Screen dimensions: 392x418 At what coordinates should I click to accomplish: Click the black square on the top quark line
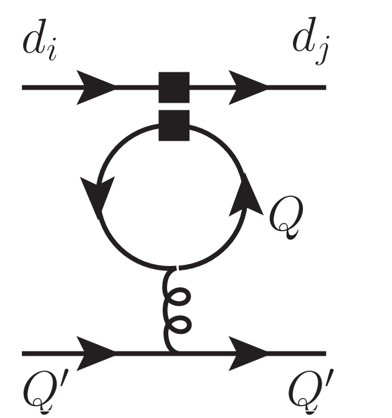[x=174, y=87]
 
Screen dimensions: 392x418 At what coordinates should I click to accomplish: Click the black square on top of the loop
[x=174, y=126]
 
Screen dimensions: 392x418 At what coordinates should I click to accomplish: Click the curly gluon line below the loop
[x=174, y=308]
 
